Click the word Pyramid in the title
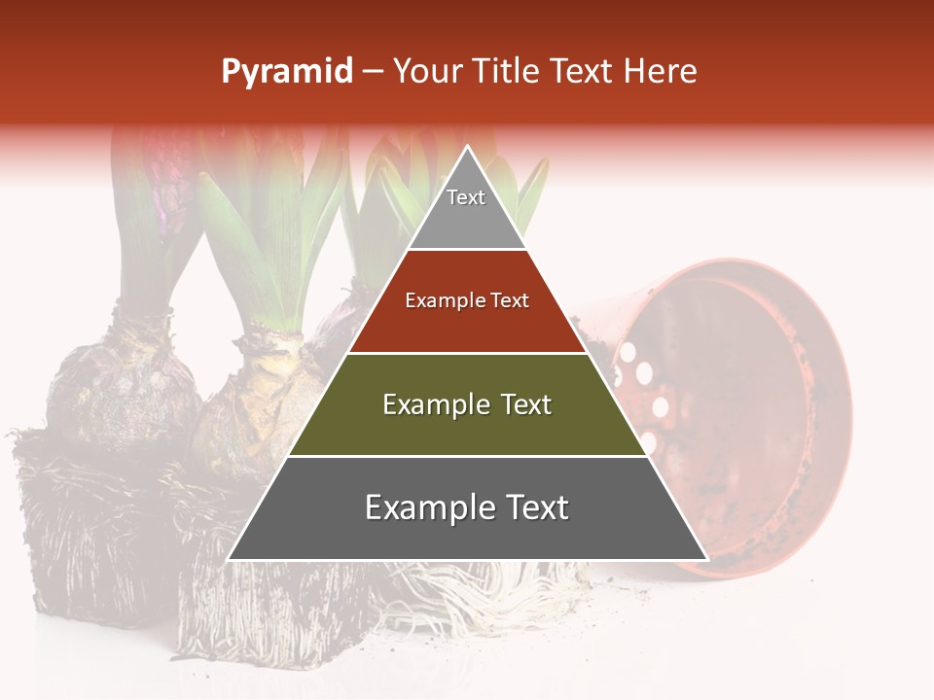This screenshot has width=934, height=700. pyautogui.click(x=287, y=71)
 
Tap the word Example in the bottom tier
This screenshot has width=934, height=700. pyautogui.click(x=426, y=507)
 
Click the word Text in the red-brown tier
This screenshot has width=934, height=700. pyautogui.click(x=510, y=300)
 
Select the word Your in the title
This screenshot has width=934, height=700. pyautogui.click(x=424, y=71)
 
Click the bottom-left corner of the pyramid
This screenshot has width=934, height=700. pyautogui.click(x=229, y=559)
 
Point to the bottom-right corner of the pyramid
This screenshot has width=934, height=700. pyautogui.click(x=707, y=559)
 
